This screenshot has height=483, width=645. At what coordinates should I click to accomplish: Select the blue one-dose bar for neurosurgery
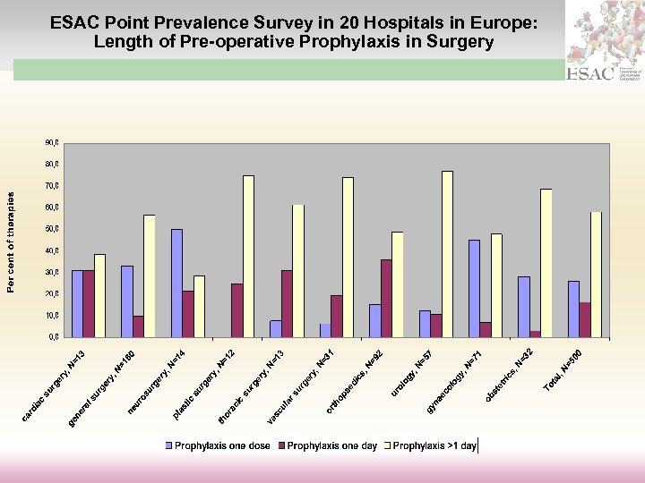pyautogui.click(x=176, y=283)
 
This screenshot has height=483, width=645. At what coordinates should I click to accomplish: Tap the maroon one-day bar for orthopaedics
pyautogui.click(x=386, y=298)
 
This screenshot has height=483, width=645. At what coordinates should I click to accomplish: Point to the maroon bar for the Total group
pyautogui.click(x=584, y=319)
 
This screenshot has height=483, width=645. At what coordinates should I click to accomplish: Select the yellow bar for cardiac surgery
pyautogui.click(x=99, y=295)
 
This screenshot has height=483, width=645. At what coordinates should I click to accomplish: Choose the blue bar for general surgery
pyautogui.click(x=127, y=301)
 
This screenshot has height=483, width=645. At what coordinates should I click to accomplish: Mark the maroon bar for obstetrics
pyautogui.click(x=535, y=334)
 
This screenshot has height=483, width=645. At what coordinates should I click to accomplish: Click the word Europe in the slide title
pyautogui.click(x=503, y=22)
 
